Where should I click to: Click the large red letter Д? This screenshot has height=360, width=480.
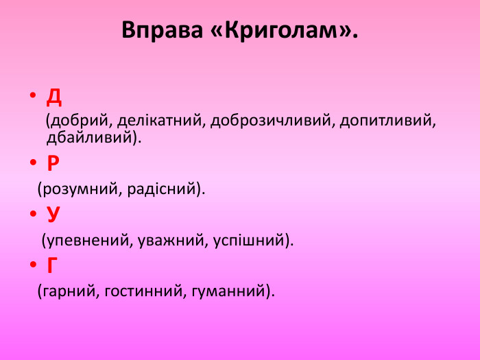54,97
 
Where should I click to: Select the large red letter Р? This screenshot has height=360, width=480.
53,164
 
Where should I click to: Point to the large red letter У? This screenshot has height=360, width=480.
53,215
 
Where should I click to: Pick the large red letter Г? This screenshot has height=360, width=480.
52,265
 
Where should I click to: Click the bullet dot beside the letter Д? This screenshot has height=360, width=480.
32,97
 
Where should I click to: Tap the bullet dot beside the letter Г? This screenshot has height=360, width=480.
32,265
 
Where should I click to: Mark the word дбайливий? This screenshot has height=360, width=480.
88,137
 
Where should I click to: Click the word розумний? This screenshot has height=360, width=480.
81,189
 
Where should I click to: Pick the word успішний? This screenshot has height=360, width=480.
250,241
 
